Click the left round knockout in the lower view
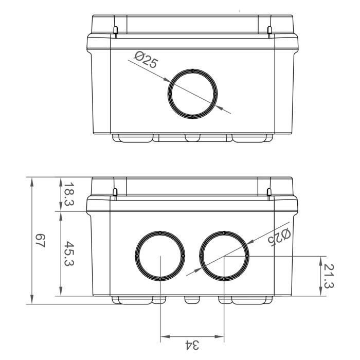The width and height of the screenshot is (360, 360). [x=160, y=256]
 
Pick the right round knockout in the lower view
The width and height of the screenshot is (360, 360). [x=225, y=256]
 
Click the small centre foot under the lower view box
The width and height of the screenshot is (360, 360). [x=192, y=299]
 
